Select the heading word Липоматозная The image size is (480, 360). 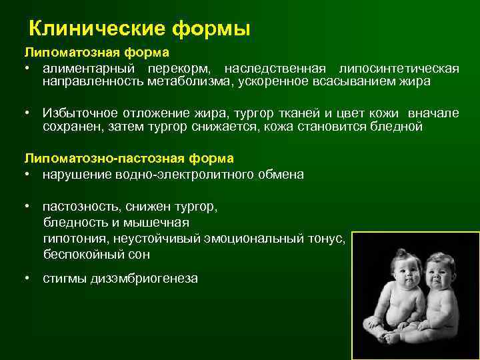pos(65,52)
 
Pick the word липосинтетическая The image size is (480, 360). pos(399,69)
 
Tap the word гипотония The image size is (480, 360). pos(73,239)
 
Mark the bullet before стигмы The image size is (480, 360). pos(28,279)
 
